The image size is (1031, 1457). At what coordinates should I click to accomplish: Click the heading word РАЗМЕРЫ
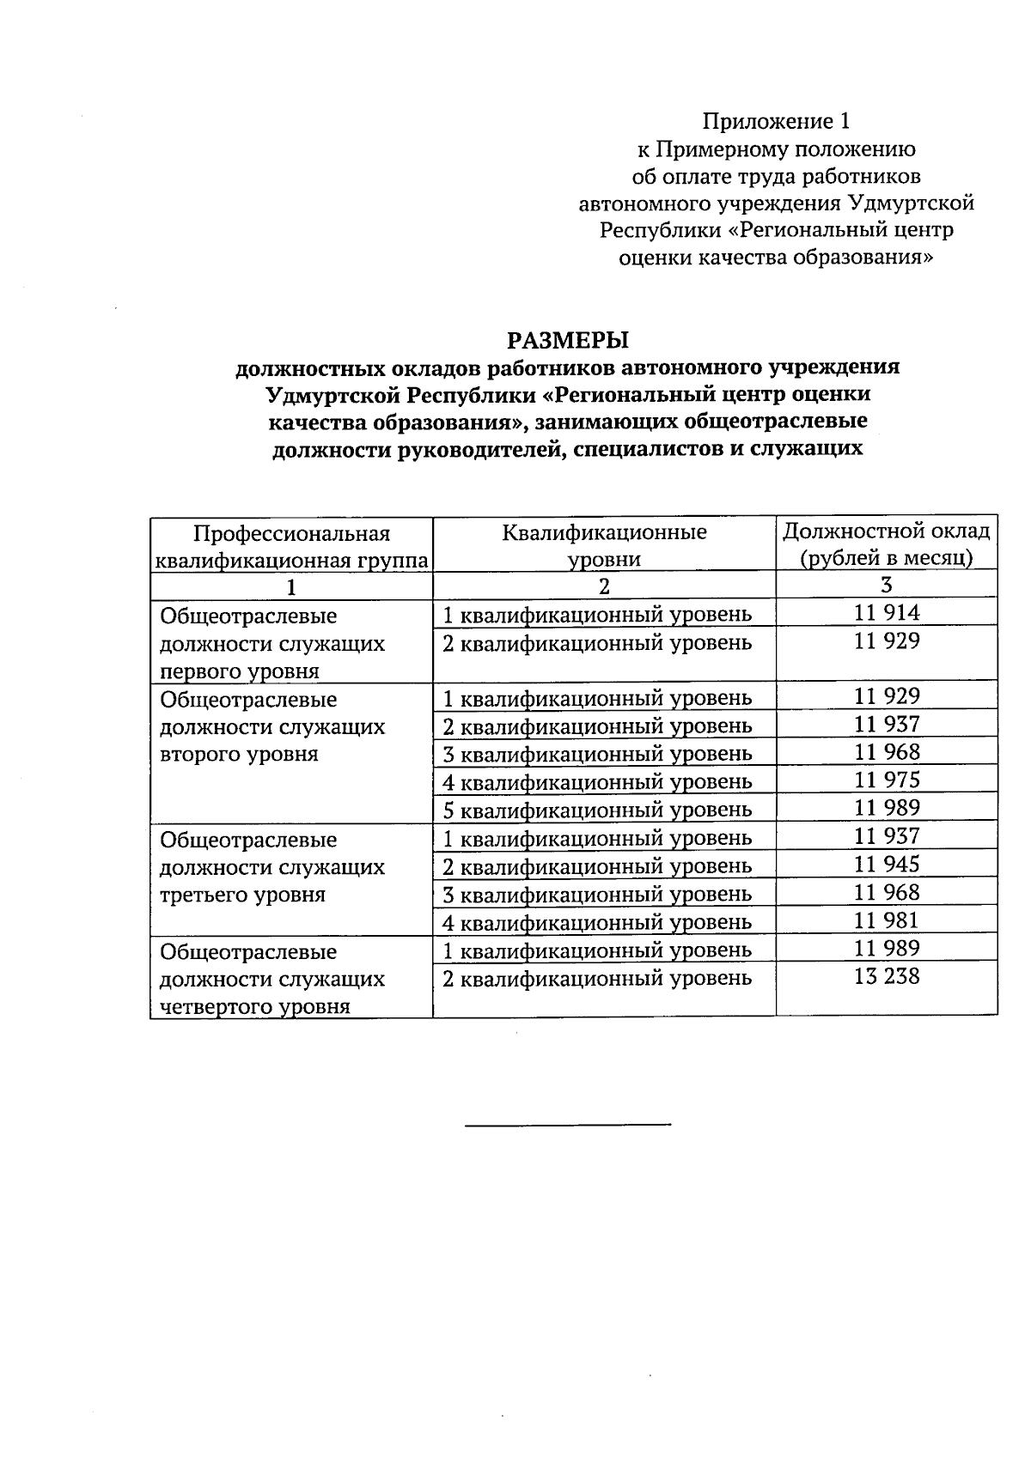567,340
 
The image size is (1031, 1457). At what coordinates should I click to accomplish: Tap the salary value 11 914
887,613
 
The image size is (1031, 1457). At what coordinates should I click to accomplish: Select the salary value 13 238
887,977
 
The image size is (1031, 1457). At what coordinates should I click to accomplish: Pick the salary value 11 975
887,780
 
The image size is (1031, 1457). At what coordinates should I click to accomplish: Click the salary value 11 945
887,865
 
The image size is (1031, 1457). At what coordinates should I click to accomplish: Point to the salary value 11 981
887,921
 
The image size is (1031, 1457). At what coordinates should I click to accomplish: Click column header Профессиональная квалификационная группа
291,547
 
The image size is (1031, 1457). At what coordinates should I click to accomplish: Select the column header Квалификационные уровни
604,546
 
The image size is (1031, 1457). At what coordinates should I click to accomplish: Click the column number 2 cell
604,586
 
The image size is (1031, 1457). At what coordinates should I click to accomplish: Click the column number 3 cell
887,585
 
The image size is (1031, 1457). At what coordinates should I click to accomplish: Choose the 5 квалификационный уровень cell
596,810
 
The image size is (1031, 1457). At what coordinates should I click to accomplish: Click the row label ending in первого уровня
272,644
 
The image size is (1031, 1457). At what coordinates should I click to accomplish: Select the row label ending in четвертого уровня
272,979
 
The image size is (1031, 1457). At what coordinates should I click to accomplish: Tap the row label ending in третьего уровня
272,867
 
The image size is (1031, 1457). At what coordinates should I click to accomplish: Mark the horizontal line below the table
567,1124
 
